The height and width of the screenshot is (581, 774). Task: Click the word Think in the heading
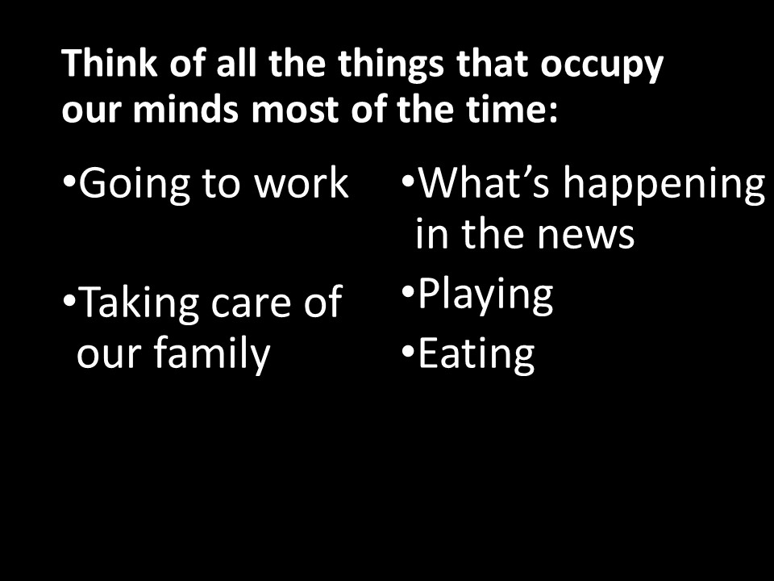click(x=110, y=63)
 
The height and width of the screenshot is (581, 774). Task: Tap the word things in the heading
click(x=391, y=65)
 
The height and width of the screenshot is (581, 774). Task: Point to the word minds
click(x=185, y=109)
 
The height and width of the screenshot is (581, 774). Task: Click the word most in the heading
click(x=296, y=111)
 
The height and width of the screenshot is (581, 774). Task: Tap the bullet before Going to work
click(x=69, y=179)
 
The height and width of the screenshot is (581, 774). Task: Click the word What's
click(x=484, y=183)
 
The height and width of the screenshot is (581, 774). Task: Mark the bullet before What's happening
click(x=408, y=179)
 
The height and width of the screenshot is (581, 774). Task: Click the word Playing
click(x=485, y=295)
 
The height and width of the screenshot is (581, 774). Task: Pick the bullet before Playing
click(x=408, y=291)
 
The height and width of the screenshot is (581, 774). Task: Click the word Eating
click(x=476, y=355)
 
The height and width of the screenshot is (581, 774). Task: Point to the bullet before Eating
click(x=408, y=350)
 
